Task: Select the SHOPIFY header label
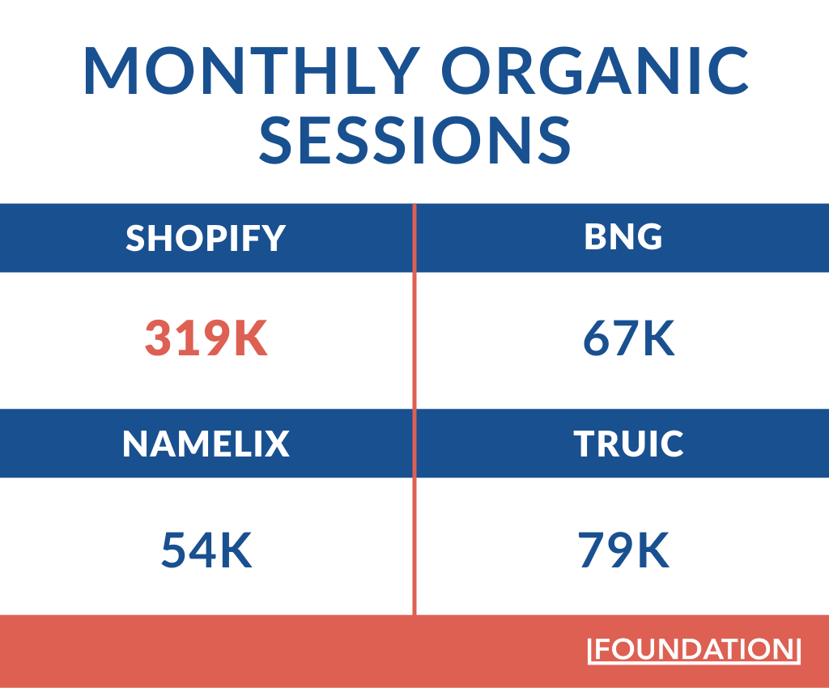(206, 238)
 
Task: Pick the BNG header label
(623, 236)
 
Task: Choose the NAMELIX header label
(206, 444)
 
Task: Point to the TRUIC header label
(629, 444)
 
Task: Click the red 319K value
(206, 340)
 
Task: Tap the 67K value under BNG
(629, 340)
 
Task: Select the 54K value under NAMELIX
(207, 550)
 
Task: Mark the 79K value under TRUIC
(623, 550)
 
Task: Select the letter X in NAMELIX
(275, 444)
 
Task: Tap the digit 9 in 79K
(623, 550)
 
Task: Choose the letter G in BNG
(648, 236)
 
